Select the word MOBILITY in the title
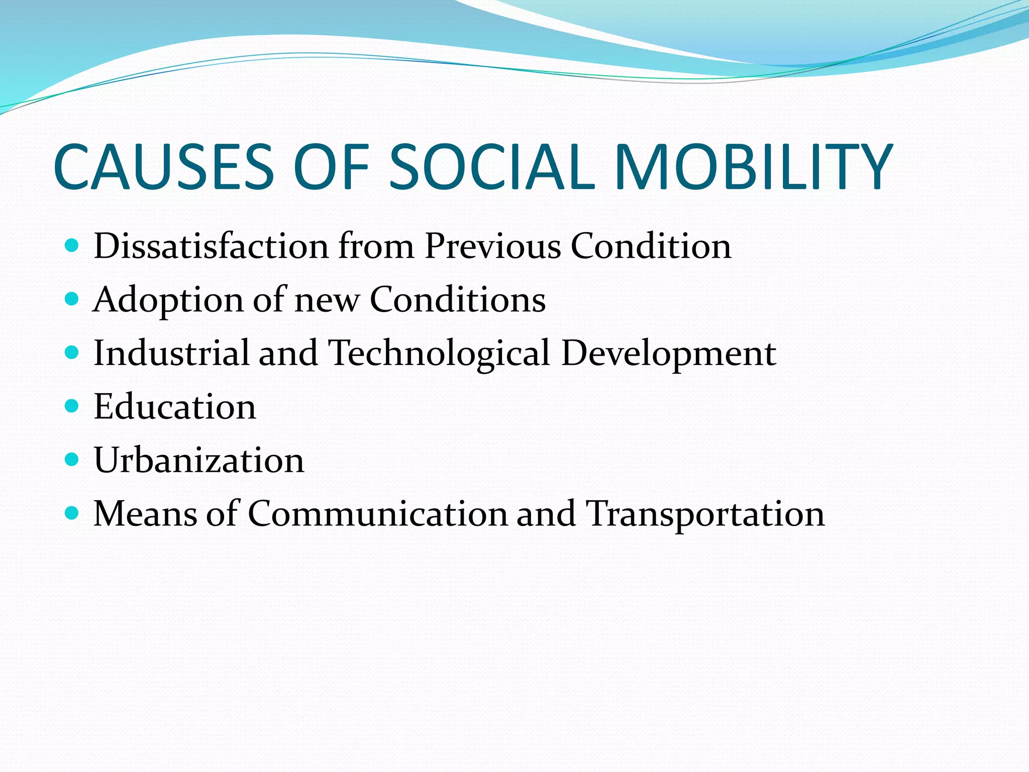tap(753, 167)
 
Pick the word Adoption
tap(168, 301)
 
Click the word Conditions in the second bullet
tap(458, 300)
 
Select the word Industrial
tap(171, 353)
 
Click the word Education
tap(175, 407)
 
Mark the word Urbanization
tap(199, 460)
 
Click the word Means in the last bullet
tap(145, 514)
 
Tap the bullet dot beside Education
tap(72, 406)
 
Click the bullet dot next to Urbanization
tap(72, 459)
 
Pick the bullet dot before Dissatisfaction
tap(72, 245)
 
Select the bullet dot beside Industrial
tap(72, 352)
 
